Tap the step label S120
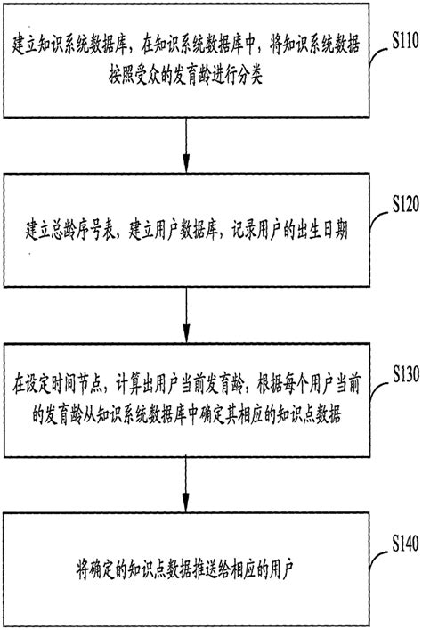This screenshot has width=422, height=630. click(398, 206)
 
